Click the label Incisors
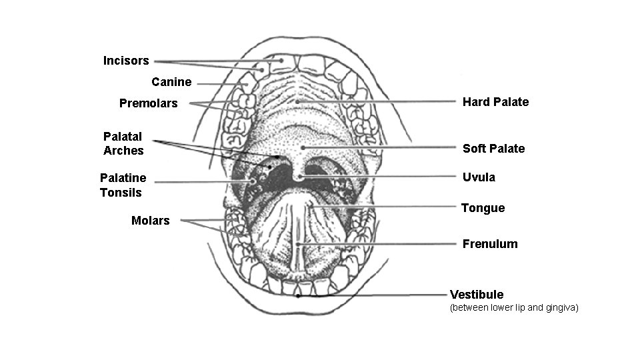click(x=126, y=61)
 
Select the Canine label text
click(x=171, y=82)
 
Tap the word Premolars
click(x=149, y=103)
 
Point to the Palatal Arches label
click(x=123, y=143)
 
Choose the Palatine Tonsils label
click(x=123, y=185)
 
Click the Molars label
click(x=151, y=221)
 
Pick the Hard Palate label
click(x=495, y=102)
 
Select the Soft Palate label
click(x=493, y=149)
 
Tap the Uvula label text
click(x=479, y=177)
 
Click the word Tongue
click(x=483, y=208)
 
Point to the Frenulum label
click(x=490, y=244)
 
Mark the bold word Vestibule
click(x=477, y=295)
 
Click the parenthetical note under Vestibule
click(x=514, y=308)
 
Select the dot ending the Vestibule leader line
click(x=298, y=296)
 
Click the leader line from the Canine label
click(x=220, y=84)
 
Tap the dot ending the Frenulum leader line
click(x=298, y=245)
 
